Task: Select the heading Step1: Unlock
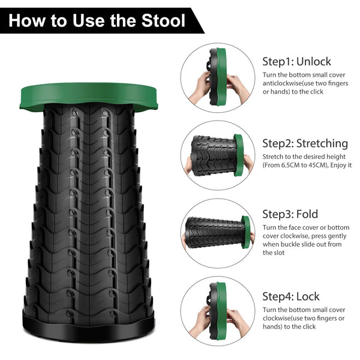296,62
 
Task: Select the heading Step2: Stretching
305,143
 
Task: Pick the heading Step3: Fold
290,214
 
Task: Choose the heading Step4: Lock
291,296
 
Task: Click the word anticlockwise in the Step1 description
285,83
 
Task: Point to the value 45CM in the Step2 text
332,164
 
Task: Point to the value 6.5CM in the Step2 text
294,164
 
